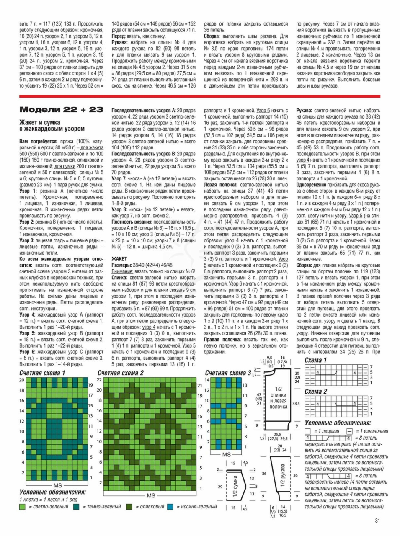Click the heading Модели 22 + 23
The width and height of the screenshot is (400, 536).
point(61,110)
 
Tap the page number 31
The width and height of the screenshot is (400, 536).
point(377,521)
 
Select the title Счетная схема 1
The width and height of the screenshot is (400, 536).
point(42,373)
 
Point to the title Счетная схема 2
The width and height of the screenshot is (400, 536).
point(121,373)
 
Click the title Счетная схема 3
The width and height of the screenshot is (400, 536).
point(228,373)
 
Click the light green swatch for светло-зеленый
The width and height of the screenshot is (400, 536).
point(22,507)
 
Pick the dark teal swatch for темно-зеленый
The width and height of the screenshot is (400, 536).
point(76,507)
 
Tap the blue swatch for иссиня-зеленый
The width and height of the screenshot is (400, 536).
point(170,507)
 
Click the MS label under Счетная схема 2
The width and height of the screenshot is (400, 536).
point(151,495)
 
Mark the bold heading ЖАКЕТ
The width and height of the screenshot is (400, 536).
point(119,259)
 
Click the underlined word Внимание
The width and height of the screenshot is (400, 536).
point(122,271)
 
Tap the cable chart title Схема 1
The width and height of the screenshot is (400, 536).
point(316,360)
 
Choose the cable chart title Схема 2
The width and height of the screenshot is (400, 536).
point(316,392)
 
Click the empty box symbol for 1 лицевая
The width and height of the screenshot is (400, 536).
point(308,431)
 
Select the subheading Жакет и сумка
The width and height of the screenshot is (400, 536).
point(40,122)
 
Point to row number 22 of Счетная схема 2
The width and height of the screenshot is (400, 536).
point(99,380)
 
